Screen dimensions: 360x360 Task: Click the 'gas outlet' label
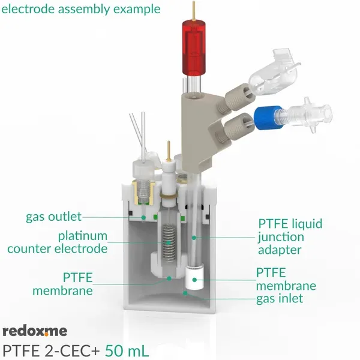[x=53, y=217]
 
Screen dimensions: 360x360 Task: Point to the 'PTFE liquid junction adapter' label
[x=290, y=237]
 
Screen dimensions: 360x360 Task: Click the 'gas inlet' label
[x=279, y=298]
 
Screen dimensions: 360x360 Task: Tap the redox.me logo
[x=35, y=331]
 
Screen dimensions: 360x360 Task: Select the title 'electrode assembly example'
[x=82, y=9]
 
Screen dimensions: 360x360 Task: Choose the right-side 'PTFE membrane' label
[x=286, y=279]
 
